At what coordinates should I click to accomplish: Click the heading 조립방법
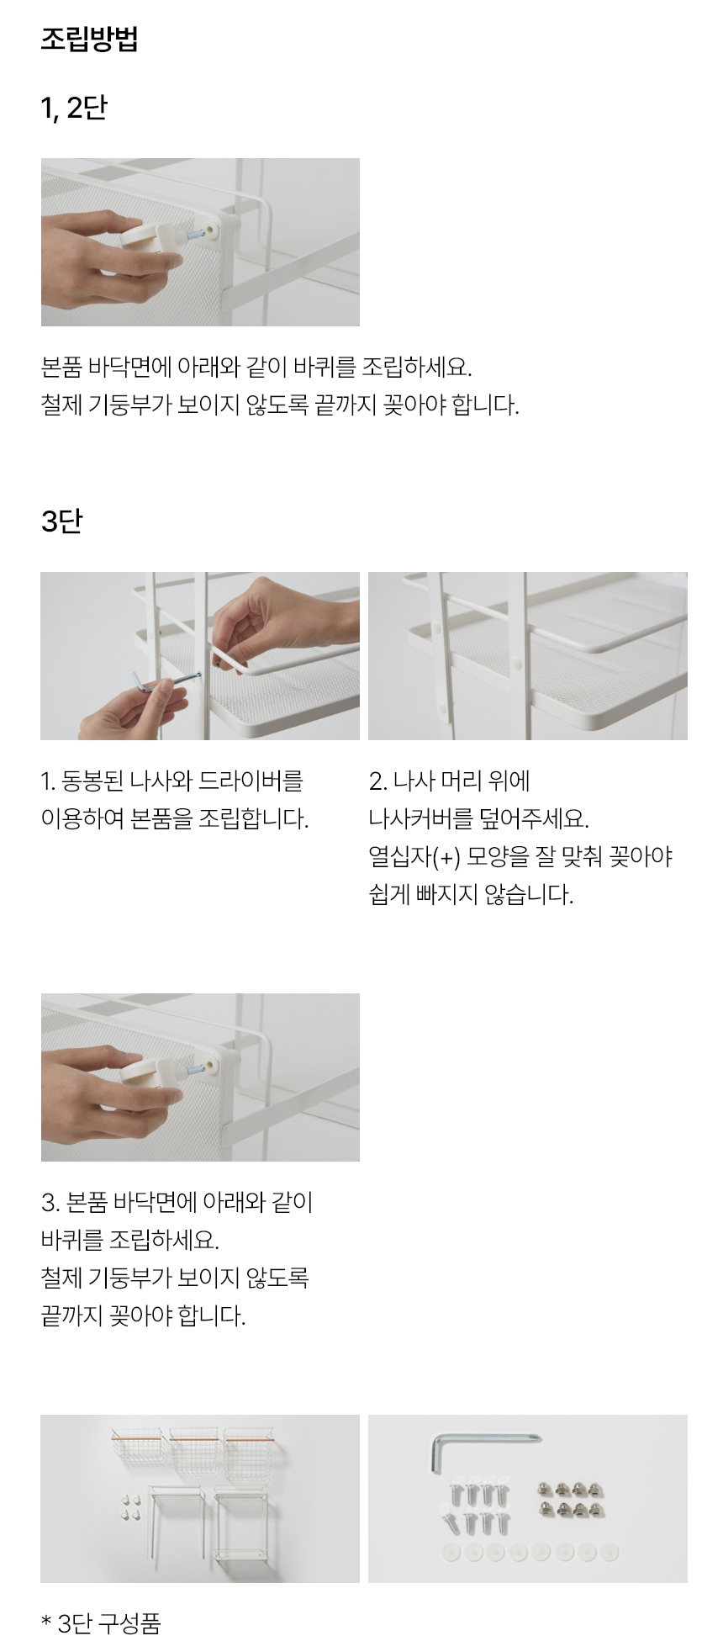point(89,40)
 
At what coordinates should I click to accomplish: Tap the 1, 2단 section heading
point(74,108)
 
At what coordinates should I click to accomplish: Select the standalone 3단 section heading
point(61,521)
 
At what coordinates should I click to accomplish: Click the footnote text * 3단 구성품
point(100,1622)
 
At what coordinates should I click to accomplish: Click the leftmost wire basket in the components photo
point(137,1446)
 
